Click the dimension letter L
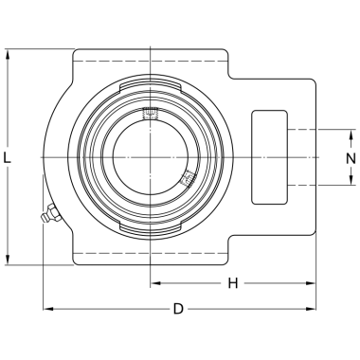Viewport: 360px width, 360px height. click(x=7, y=157)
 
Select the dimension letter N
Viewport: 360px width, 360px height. click(x=351, y=158)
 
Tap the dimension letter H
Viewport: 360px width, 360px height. click(x=233, y=283)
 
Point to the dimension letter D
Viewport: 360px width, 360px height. click(x=178, y=309)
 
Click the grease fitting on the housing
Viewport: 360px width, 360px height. click(x=50, y=214)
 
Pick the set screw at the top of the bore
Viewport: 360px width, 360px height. click(x=151, y=113)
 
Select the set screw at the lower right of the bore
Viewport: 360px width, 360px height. click(x=188, y=179)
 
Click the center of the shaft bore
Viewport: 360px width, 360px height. click(x=151, y=157)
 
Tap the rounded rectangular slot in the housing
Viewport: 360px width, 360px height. click(x=269, y=157)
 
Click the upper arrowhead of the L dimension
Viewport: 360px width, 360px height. click(x=7, y=54)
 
